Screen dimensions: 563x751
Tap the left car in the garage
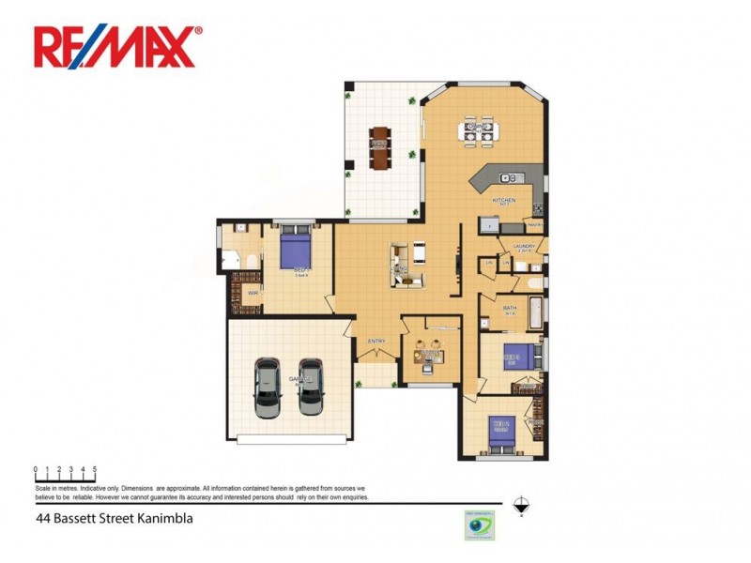click(268, 388)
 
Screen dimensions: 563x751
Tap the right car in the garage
click(311, 388)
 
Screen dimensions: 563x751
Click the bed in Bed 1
click(298, 251)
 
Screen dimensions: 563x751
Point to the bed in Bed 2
click(501, 434)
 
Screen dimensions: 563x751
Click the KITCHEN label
click(504, 201)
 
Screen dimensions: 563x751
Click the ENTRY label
click(376, 341)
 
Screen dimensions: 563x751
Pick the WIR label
click(253, 293)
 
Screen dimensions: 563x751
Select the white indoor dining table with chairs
click(478, 131)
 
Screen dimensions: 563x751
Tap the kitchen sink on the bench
click(513, 176)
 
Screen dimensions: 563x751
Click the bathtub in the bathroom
click(532, 312)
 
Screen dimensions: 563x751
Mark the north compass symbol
click(521, 502)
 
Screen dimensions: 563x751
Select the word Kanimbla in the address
click(166, 517)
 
